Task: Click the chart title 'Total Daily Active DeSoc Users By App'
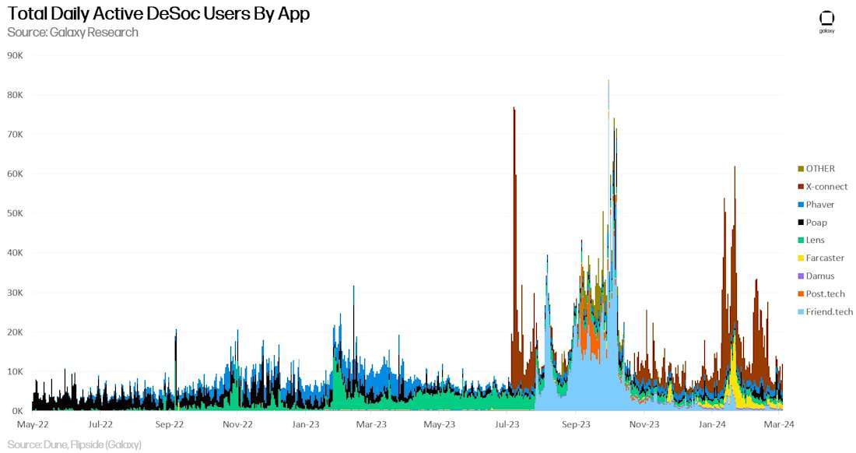(x=159, y=14)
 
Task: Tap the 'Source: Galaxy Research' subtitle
(x=73, y=33)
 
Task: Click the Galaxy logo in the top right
(x=826, y=21)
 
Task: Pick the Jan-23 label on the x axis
(x=306, y=425)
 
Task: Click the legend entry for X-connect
(x=826, y=187)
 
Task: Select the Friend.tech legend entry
(x=829, y=312)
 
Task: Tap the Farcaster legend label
(x=825, y=258)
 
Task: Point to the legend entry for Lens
(x=815, y=241)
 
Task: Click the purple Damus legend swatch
(x=801, y=276)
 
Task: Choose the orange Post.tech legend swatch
(x=801, y=294)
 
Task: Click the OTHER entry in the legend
(x=820, y=169)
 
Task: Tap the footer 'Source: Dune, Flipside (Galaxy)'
(x=75, y=444)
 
